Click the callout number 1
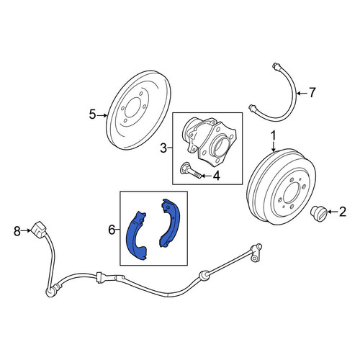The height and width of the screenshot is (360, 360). click(x=274, y=136)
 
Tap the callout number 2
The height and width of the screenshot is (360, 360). click(x=342, y=212)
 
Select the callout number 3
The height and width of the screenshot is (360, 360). click(x=163, y=148)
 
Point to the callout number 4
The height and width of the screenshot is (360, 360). click(x=216, y=176)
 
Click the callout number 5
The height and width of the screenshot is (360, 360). click(x=92, y=114)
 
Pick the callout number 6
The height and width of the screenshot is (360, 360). click(x=112, y=230)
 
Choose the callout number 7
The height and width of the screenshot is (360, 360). click(x=312, y=93)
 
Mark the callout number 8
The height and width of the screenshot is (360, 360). click(x=17, y=231)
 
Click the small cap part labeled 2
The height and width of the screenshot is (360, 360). click(x=318, y=213)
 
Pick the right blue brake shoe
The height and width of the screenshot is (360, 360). click(x=170, y=223)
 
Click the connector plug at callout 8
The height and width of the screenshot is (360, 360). click(x=38, y=230)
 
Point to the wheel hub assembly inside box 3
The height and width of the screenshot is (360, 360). click(x=209, y=142)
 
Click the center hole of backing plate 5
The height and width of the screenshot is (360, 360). click(x=132, y=107)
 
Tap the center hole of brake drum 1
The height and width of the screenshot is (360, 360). click(x=291, y=193)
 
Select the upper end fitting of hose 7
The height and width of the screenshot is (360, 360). click(x=276, y=66)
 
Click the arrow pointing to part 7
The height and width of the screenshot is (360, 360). click(x=302, y=93)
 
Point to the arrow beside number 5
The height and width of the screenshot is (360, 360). click(x=102, y=115)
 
